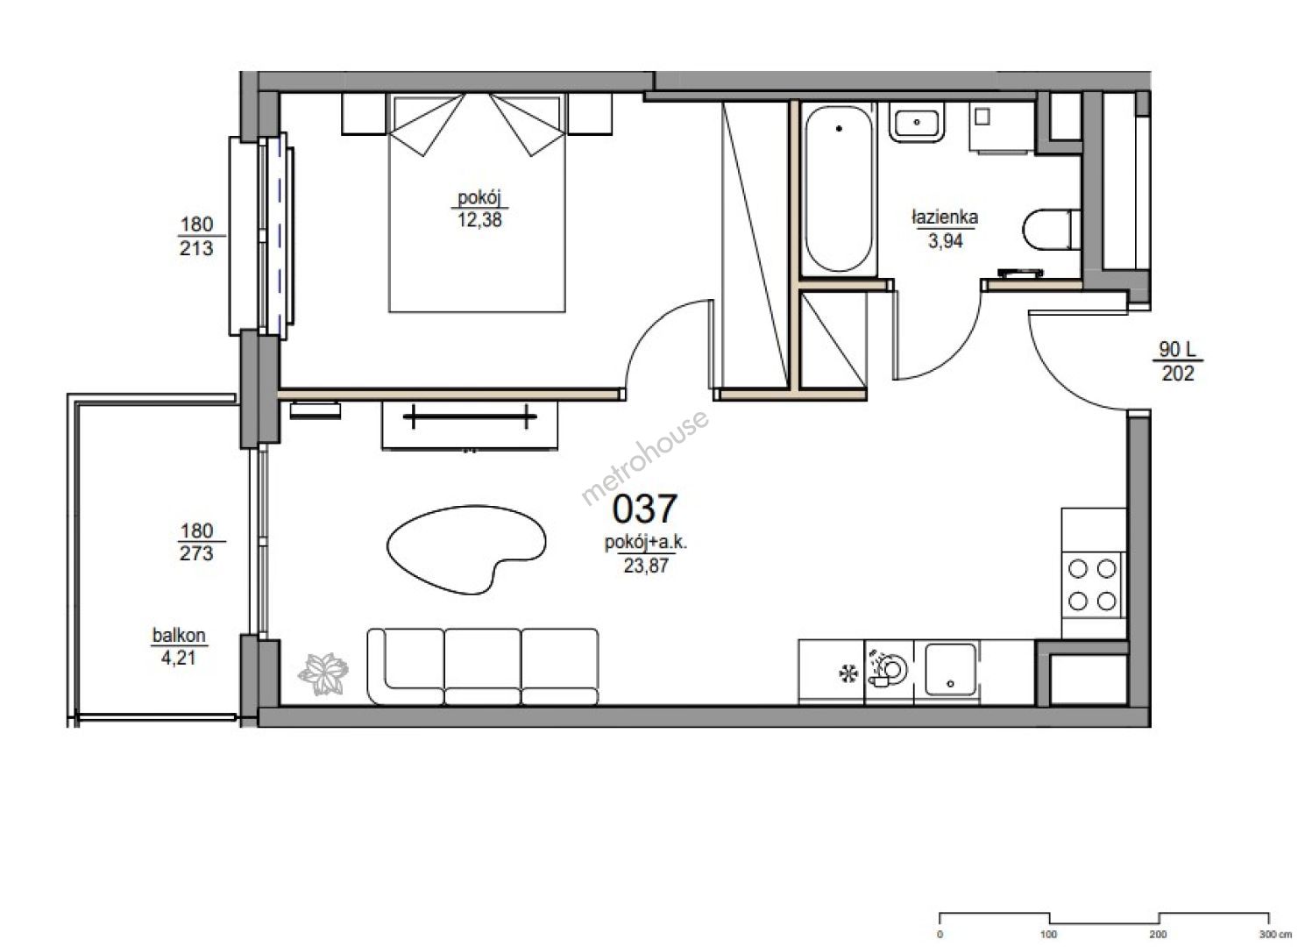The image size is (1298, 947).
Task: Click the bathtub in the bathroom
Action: point(839,189)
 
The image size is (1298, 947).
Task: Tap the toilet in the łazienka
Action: point(1052,230)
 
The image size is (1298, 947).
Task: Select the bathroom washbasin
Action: point(917,123)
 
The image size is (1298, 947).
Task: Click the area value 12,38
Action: point(479,220)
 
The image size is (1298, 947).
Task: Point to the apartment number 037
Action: point(644,509)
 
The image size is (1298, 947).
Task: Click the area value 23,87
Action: point(646,566)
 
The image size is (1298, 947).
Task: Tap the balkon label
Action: point(179,636)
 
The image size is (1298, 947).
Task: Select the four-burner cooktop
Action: point(1093,585)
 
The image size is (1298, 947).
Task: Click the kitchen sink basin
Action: point(950,669)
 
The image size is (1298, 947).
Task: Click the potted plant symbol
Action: point(323,673)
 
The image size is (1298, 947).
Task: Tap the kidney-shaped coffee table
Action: point(466,549)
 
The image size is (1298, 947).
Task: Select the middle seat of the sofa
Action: point(482,666)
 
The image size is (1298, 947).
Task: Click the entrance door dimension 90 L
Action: point(1177,349)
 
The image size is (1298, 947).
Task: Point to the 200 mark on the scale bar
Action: point(1158,935)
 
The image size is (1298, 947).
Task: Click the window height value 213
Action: point(196,249)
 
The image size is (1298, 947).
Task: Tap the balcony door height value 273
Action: point(196,554)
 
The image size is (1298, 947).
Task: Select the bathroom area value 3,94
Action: point(946,240)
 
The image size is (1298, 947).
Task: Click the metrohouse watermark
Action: point(644,458)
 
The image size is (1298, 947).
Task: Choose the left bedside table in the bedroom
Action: point(364,114)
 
